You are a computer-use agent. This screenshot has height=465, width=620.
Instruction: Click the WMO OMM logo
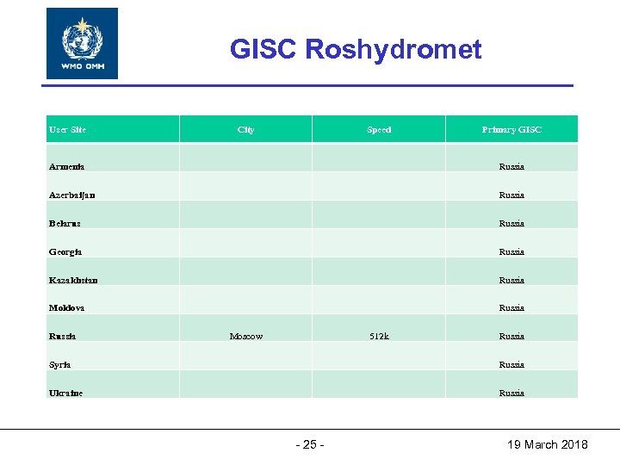click(x=82, y=43)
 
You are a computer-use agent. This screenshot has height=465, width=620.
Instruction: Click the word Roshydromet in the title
click(x=394, y=50)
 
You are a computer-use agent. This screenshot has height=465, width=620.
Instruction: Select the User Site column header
click(x=68, y=130)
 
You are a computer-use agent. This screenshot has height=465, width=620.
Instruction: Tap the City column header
click(x=245, y=130)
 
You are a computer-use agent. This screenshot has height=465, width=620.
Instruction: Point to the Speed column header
click(x=379, y=130)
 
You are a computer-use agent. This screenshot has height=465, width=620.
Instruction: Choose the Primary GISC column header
click(x=512, y=130)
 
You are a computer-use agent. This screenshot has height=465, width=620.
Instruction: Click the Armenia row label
click(x=67, y=166)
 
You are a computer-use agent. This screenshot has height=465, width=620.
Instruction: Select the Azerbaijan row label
click(x=72, y=195)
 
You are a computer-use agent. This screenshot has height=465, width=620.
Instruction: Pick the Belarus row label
click(x=65, y=223)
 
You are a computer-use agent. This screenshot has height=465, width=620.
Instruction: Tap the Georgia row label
click(x=66, y=251)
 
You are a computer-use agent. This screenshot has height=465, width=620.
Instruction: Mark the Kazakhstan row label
click(x=74, y=280)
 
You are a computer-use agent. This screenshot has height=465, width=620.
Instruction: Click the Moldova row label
click(x=67, y=307)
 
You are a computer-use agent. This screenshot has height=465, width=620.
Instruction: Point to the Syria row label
click(x=60, y=364)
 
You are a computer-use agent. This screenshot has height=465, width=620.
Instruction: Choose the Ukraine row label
click(x=66, y=393)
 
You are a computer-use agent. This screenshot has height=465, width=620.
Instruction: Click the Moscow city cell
click(x=246, y=336)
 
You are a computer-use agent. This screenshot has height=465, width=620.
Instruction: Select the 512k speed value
click(x=379, y=336)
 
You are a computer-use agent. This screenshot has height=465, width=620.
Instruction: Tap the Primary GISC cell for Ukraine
click(x=512, y=393)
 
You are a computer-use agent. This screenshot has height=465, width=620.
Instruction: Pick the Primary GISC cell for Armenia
click(x=512, y=166)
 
